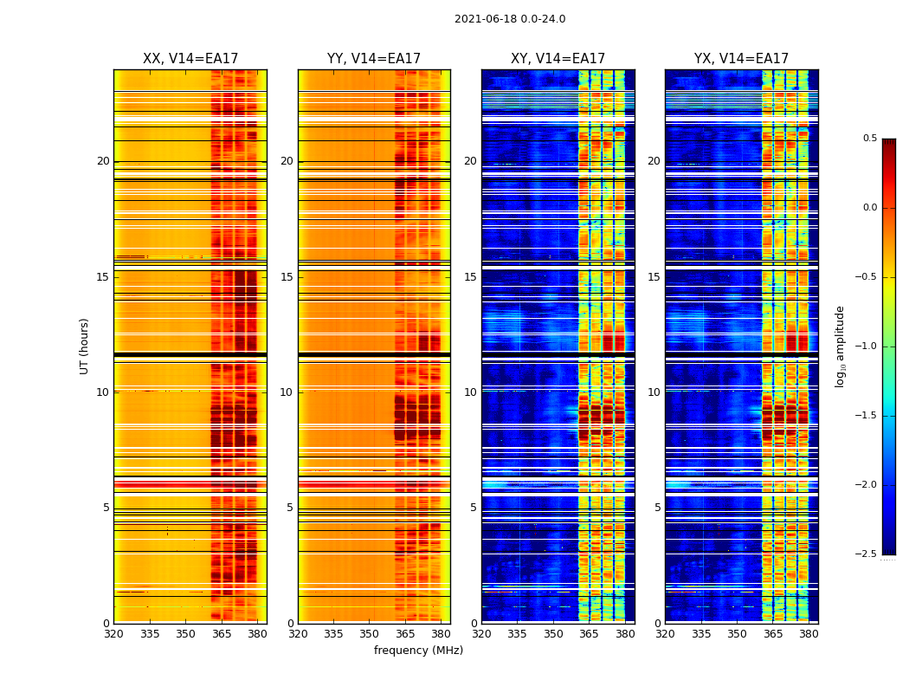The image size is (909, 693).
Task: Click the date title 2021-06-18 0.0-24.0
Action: (509, 19)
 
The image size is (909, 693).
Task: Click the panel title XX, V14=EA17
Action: (190, 59)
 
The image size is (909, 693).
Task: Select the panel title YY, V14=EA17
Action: (374, 59)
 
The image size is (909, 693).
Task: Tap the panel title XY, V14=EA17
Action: (558, 59)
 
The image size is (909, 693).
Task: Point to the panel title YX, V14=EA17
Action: (741, 59)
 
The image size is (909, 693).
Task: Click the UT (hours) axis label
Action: (85, 346)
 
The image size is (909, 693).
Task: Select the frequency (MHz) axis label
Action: (418, 651)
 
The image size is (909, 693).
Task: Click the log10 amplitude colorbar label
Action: (840, 346)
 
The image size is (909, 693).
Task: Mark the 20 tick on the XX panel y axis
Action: (103, 161)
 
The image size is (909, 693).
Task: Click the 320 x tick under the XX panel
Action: (113, 634)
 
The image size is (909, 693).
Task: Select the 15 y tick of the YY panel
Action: (287, 277)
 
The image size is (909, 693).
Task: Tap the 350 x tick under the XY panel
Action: (553, 634)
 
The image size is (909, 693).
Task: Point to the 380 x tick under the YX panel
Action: (809, 634)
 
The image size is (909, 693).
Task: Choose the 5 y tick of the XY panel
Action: (473, 508)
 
